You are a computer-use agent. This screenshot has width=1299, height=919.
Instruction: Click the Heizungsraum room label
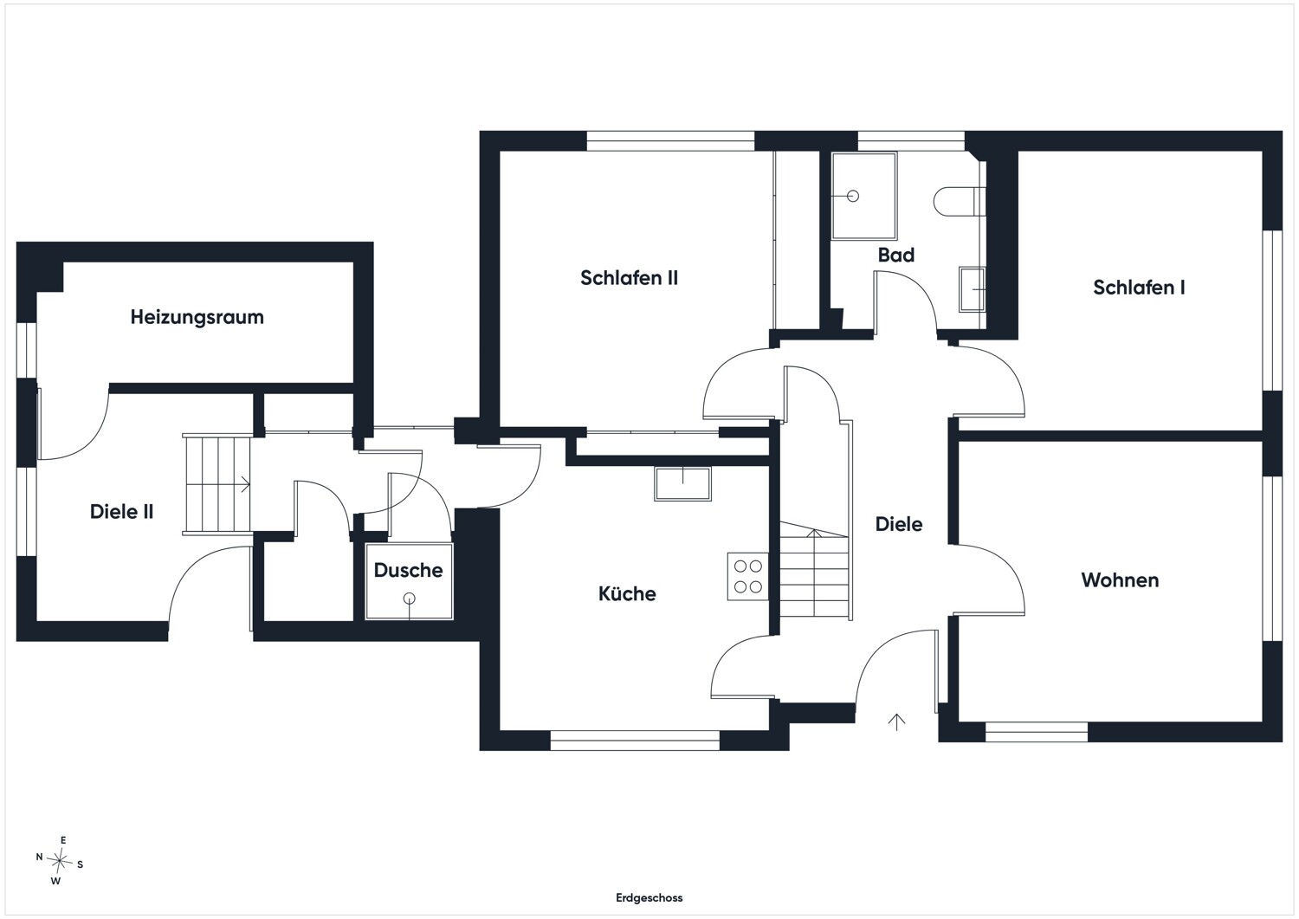197,317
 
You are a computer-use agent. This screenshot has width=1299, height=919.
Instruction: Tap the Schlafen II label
630,278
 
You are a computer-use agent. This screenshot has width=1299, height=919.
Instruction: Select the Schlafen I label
1139,288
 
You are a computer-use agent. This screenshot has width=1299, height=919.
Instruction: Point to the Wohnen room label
1120,580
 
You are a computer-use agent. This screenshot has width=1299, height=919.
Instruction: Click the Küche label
627,593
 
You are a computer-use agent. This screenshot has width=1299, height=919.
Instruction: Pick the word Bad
896,255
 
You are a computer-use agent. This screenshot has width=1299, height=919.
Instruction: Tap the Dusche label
408,570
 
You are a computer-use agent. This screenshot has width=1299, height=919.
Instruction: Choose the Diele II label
122,512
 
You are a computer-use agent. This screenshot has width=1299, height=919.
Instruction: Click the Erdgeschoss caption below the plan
649,898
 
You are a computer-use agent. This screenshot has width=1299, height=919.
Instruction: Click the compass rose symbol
59,861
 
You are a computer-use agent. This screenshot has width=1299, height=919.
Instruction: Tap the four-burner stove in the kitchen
748,577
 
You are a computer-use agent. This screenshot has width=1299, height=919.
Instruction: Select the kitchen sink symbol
682,484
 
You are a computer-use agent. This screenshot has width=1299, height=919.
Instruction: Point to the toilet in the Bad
960,202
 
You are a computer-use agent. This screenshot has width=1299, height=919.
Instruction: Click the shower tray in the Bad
864,196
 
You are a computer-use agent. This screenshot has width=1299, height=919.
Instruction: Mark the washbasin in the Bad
972,289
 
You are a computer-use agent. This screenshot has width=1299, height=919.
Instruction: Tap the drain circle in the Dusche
410,599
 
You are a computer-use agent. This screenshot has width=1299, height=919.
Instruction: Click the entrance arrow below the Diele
896,722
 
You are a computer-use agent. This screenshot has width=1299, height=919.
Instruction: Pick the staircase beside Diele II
217,484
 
